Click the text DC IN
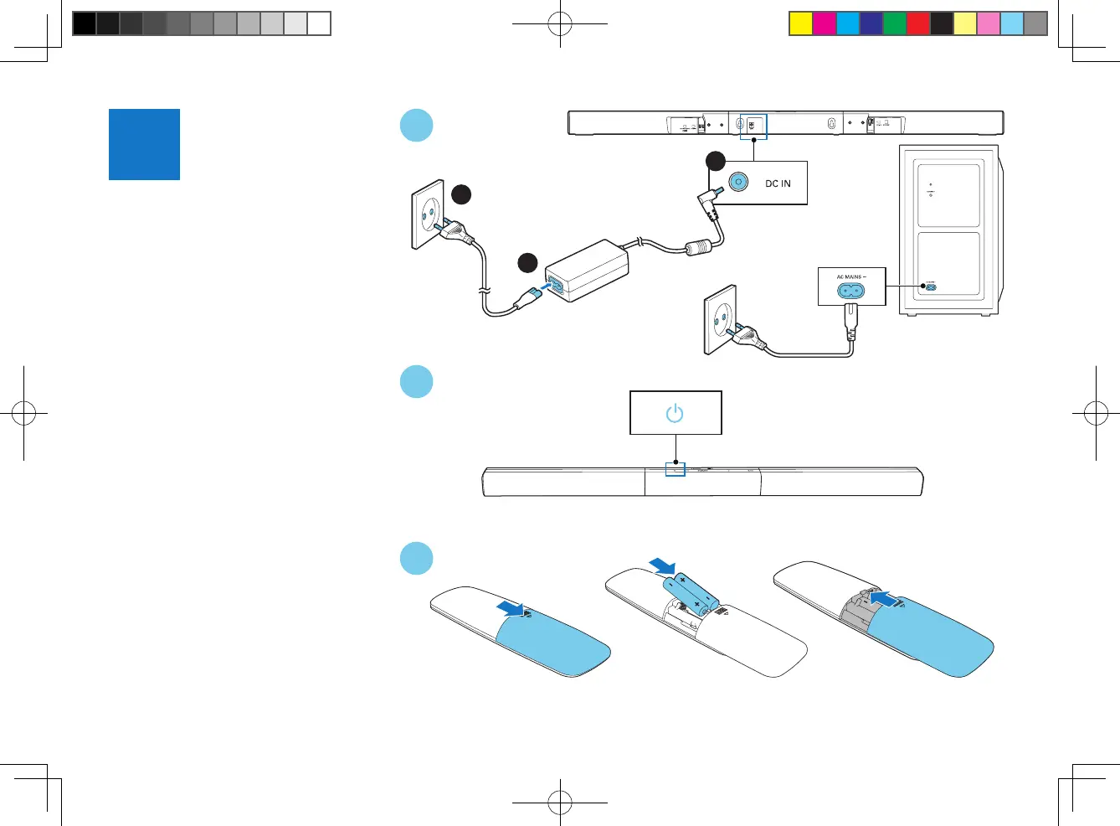click(x=778, y=183)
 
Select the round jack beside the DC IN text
click(x=738, y=181)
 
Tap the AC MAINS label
click(x=851, y=276)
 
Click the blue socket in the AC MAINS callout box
click(x=851, y=292)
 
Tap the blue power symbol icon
click(x=675, y=413)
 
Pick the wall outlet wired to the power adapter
click(x=428, y=214)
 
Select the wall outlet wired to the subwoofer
click(x=721, y=319)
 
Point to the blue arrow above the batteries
click(x=662, y=566)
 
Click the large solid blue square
click(x=144, y=144)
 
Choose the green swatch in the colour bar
click(x=895, y=23)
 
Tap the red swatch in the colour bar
click(x=918, y=23)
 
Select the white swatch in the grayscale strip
click(x=319, y=23)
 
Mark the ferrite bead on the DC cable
click(x=698, y=248)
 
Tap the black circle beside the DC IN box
click(x=715, y=161)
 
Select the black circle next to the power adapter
click(x=527, y=263)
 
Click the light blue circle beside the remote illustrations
click(x=416, y=559)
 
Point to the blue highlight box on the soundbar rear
click(x=753, y=126)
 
